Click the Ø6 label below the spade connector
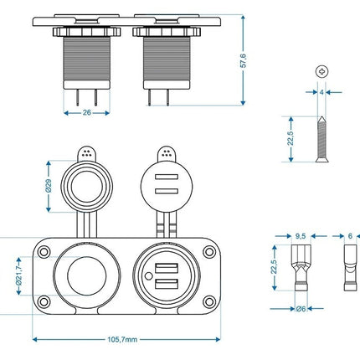pos(300,308)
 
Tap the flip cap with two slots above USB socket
pos(164,184)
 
